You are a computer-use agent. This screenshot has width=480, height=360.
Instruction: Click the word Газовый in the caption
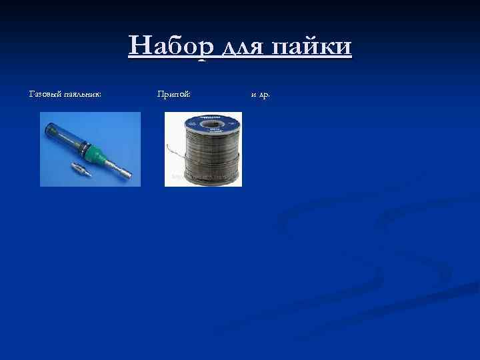click(45, 95)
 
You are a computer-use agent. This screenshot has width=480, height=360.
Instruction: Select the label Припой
click(173, 95)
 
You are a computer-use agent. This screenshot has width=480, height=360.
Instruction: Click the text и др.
click(260, 95)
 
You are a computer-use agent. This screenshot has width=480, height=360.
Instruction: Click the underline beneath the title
click(240, 59)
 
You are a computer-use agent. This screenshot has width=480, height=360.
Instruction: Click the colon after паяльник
click(101, 95)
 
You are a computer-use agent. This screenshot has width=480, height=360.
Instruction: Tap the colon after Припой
click(190, 95)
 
